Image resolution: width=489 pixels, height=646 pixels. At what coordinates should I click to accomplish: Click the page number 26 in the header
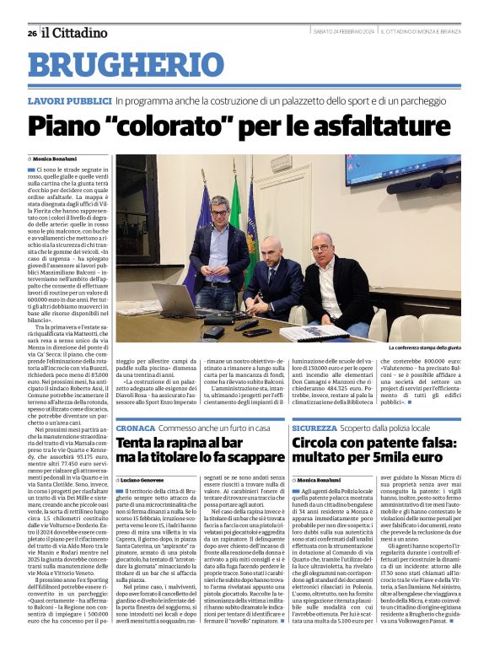click(31, 33)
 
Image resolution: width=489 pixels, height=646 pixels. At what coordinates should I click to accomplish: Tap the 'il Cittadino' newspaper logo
click(75, 32)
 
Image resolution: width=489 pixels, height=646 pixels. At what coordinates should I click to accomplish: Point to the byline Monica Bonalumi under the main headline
click(55, 158)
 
